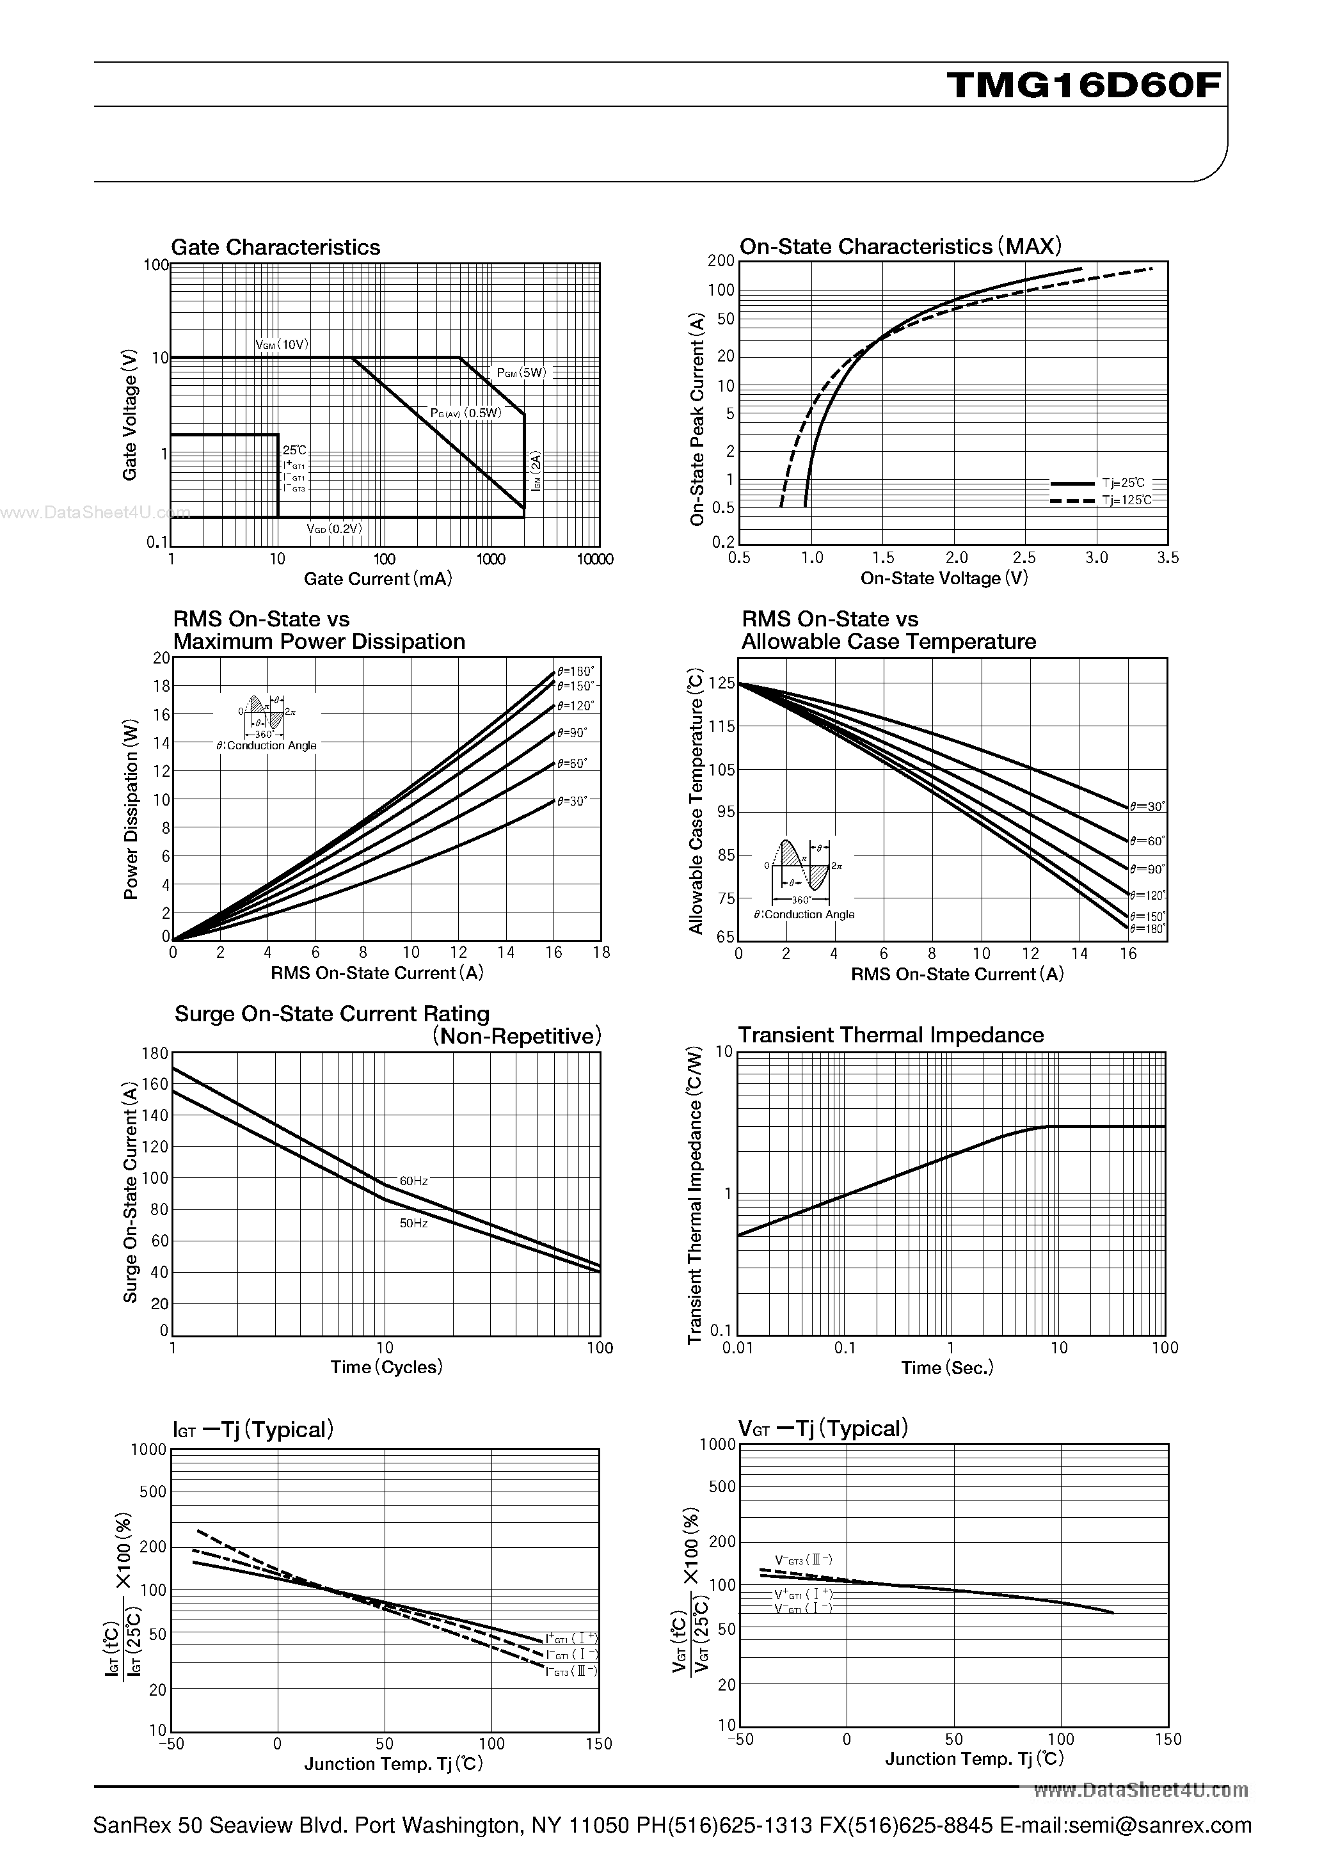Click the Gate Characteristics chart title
[276, 247]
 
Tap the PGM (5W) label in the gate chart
[522, 373]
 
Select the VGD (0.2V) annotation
[334, 528]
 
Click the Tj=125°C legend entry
[1127, 500]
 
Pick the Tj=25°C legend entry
[1124, 483]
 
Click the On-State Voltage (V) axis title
[944, 578]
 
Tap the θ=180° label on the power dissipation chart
[575, 671]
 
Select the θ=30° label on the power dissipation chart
[572, 801]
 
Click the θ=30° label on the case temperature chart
[1147, 806]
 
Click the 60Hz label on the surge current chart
[413, 1181]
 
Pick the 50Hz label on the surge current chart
[413, 1223]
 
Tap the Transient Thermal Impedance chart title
[890, 1035]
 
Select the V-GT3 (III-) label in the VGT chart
[803, 1560]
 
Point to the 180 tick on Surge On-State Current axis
[155, 1054]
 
